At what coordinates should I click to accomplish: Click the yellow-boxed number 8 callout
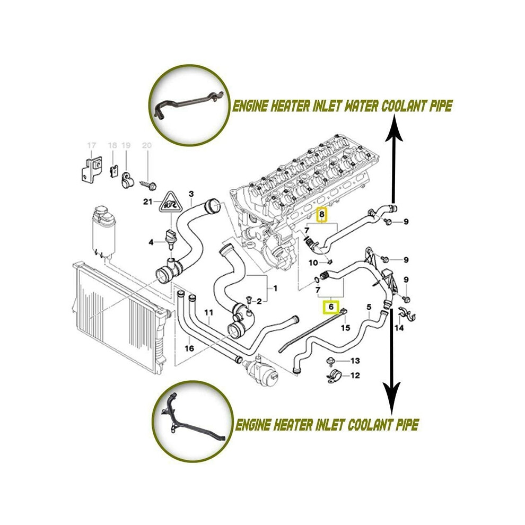(x=322, y=214)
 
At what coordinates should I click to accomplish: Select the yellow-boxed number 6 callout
(x=331, y=307)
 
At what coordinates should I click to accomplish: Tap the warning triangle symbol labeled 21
(x=171, y=202)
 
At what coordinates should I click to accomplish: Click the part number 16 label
(x=189, y=348)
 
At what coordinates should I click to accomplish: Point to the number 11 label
(x=208, y=313)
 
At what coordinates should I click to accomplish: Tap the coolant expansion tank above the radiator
(x=104, y=231)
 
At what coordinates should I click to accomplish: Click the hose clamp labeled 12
(x=334, y=377)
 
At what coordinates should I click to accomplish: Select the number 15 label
(x=345, y=327)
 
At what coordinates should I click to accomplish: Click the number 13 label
(x=355, y=360)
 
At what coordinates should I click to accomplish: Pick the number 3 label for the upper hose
(x=191, y=194)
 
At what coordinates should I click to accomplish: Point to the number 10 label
(x=313, y=262)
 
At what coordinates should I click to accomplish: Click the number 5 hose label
(x=369, y=307)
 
